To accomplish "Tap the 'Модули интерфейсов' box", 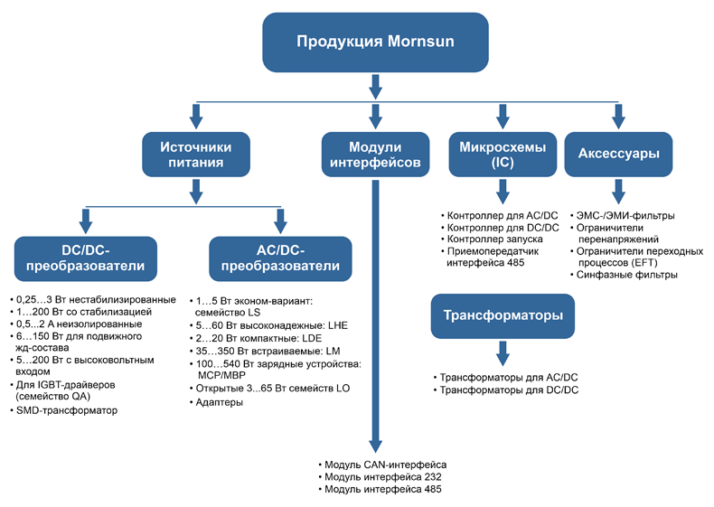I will pyautogui.click(x=371, y=155).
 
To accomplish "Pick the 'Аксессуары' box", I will pyautogui.click(x=617, y=155).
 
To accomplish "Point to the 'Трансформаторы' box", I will pyautogui.click(x=503, y=315).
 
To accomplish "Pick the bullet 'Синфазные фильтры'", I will pyautogui.click(x=627, y=275).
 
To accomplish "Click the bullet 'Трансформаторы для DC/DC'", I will pyautogui.click(x=508, y=390).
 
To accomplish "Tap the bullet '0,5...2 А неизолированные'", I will pyautogui.click(x=76, y=324).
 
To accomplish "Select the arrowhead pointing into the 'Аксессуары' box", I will pyautogui.click(x=617, y=117).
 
